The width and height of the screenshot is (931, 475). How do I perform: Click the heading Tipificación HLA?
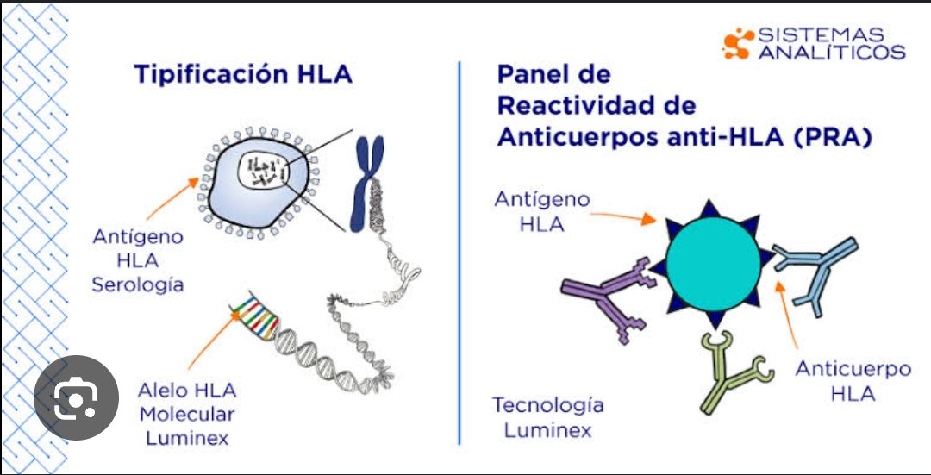click(x=243, y=74)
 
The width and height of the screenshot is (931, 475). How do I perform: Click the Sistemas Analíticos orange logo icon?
click(x=736, y=44)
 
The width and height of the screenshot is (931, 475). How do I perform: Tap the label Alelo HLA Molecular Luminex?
click(x=186, y=414)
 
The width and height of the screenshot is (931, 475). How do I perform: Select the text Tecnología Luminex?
click(x=547, y=417)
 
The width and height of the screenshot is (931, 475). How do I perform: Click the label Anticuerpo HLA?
click(x=853, y=381)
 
